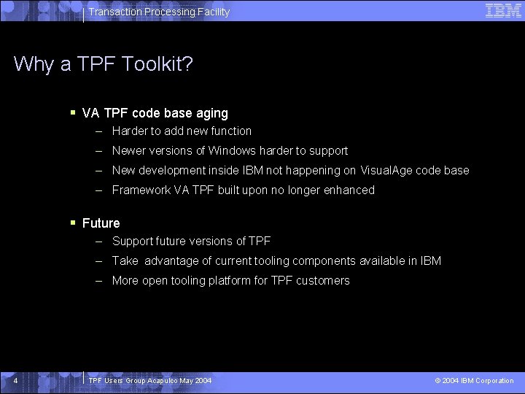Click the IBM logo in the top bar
pos(503,11)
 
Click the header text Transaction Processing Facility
pos(159,12)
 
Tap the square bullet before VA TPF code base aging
pos(73,112)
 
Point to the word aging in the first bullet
pos(211,114)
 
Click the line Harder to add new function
pos(182,131)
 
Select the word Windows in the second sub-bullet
pos(230,151)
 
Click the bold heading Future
pos(101,223)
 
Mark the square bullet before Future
pos(73,222)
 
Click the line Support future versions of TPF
pos(191,242)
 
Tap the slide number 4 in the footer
pos(15,381)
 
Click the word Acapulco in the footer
pos(168,381)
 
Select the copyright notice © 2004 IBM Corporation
pos(474,381)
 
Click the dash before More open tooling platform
pos(98,281)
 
